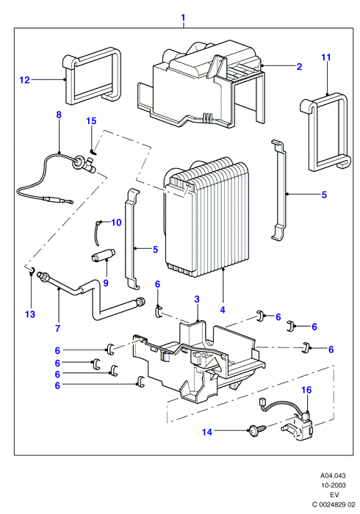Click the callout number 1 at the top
(183, 18)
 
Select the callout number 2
(299, 67)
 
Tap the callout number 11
(326, 57)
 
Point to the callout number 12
(24, 80)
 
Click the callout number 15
(92, 121)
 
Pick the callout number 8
(59, 115)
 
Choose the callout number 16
(306, 390)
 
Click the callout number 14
(207, 432)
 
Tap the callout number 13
(30, 314)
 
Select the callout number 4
(223, 309)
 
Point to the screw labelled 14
(257, 430)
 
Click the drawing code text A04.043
(333, 475)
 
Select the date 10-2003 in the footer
(333, 485)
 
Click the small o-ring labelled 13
(31, 269)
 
